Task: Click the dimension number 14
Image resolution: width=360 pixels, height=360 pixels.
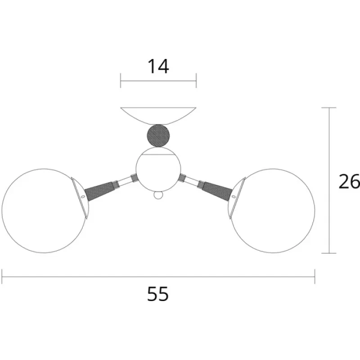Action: [158, 66]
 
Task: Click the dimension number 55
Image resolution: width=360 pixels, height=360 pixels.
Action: [158, 294]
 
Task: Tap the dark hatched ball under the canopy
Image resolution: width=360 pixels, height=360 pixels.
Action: [158, 136]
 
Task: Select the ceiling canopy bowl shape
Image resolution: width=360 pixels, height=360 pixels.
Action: [158, 116]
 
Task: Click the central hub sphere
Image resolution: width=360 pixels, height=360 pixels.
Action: [158, 170]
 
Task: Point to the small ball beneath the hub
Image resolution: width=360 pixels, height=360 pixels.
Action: [158, 196]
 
